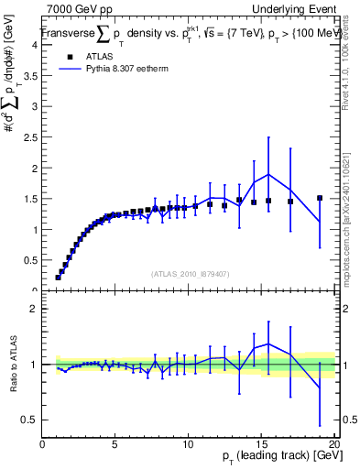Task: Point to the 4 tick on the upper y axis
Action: point(35,45)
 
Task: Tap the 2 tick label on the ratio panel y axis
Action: point(35,309)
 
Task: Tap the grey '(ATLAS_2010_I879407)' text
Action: point(190,274)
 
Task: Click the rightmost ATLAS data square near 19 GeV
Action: point(320,198)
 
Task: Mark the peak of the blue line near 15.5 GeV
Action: point(268,174)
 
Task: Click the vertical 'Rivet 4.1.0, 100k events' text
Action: point(351,73)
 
